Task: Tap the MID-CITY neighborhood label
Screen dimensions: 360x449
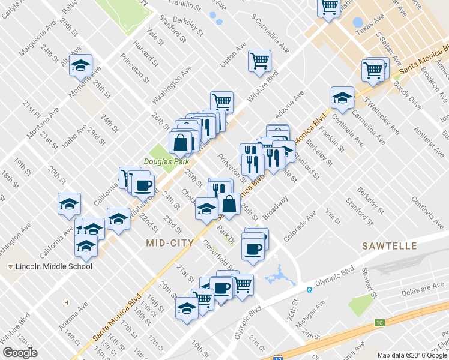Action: pyautogui.click(x=170, y=243)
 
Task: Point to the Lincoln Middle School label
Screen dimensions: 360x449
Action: pyautogui.click(x=53, y=266)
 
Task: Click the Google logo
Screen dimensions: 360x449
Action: pyautogui.click(x=20, y=352)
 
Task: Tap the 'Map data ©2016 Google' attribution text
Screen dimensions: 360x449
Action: pyautogui.click(x=412, y=355)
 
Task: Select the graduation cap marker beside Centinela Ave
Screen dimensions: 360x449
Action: pyautogui.click(x=342, y=97)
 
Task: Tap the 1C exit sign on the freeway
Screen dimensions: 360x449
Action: pyautogui.click(x=379, y=323)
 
